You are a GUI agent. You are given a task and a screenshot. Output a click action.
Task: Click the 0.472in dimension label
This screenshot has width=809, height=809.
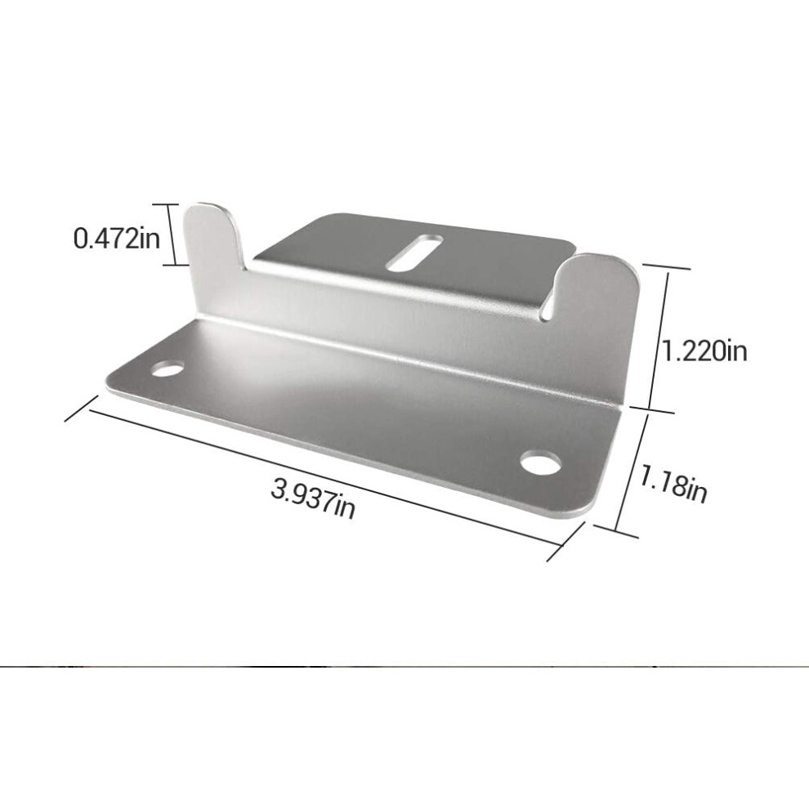point(117,239)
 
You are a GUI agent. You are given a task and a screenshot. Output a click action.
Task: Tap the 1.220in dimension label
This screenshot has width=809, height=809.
point(704,352)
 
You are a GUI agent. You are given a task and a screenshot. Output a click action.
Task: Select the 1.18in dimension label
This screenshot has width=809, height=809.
point(673,483)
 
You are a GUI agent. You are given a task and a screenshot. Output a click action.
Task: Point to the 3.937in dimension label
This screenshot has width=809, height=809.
point(313,498)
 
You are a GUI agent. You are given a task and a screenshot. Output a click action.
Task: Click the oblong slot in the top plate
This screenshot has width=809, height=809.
point(414,253)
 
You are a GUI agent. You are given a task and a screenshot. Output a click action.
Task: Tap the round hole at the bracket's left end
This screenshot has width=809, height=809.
point(168,369)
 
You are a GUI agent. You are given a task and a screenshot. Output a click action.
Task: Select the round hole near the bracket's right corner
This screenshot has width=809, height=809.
point(540,462)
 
